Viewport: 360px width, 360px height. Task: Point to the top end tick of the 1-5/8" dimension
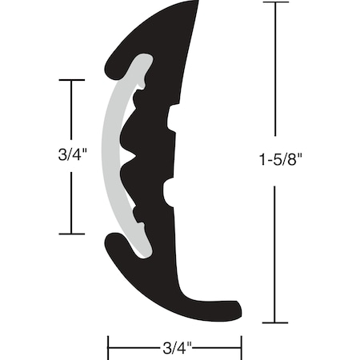(276, 3)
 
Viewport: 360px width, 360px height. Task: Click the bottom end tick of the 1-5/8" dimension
(276, 322)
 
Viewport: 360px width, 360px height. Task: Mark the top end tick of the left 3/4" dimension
(72, 81)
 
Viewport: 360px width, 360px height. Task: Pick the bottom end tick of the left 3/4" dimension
(72, 234)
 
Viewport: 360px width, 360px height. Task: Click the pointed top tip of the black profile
(197, 5)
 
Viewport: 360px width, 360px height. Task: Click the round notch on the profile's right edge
(170, 192)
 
